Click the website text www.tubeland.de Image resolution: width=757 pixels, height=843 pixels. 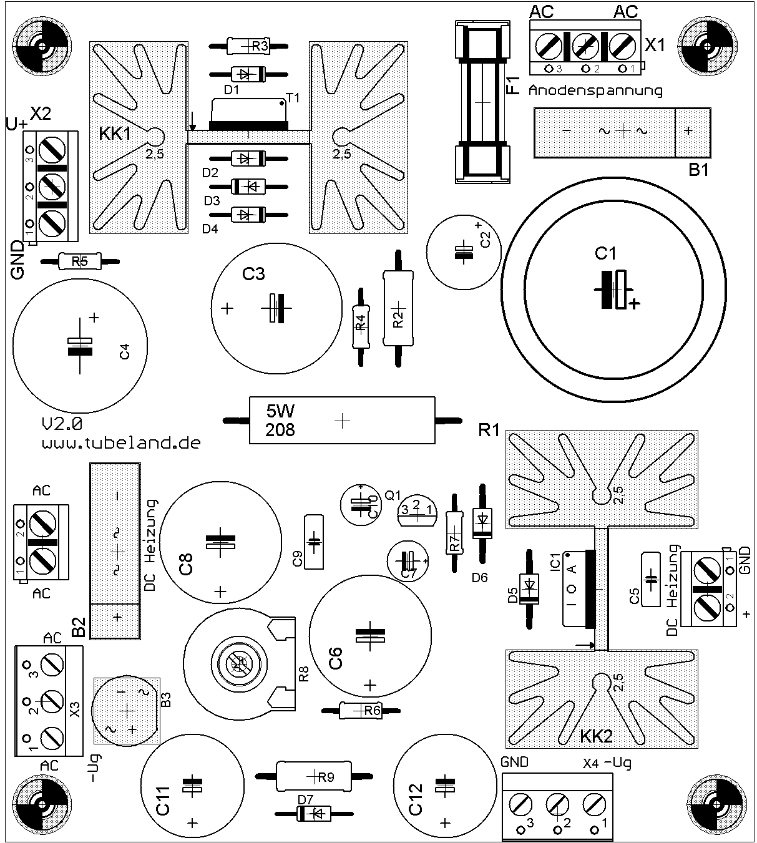tap(121, 443)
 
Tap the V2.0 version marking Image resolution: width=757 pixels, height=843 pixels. tap(62, 424)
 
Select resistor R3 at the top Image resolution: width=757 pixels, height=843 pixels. tap(248, 46)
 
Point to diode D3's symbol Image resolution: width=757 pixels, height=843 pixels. tap(248, 186)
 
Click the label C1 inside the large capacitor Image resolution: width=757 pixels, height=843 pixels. tap(605, 253)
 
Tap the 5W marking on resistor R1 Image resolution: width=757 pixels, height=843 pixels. tap(280, 411)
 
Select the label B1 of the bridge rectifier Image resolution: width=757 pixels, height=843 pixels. tap(698, 169)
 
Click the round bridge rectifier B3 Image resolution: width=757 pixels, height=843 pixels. tap(127, 711)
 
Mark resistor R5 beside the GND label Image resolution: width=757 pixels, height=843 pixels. tap(79, 261)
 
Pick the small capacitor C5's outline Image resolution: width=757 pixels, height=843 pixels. tap(650, 578)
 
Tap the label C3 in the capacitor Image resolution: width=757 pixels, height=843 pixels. tap(253, 274)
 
